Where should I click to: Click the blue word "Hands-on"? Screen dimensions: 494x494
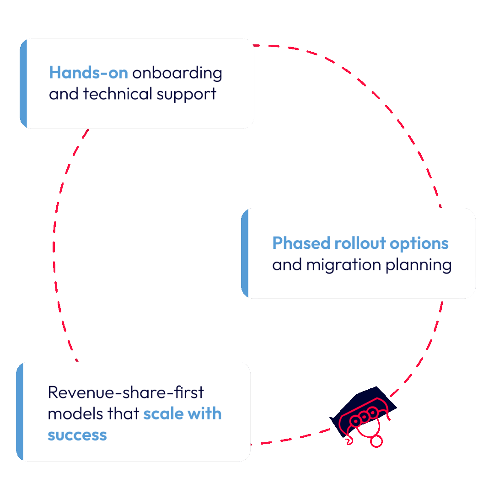(x=88, y=73)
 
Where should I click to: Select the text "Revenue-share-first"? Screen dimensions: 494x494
(x=126, y=392)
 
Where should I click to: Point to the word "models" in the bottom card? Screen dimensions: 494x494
(x=75, y=413)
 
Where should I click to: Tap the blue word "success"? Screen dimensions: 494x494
(x=77, y=435)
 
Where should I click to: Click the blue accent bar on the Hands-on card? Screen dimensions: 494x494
(x=23, y=84)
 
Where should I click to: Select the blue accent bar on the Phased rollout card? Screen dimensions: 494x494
(x=245, y=253)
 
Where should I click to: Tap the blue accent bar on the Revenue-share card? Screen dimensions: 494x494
(x=20, y=412)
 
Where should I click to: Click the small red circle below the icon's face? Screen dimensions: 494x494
(x=376, y=441)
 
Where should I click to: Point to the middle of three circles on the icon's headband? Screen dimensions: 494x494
(x=364, y=416)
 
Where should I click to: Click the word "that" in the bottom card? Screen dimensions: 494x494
(x=123, y=413)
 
